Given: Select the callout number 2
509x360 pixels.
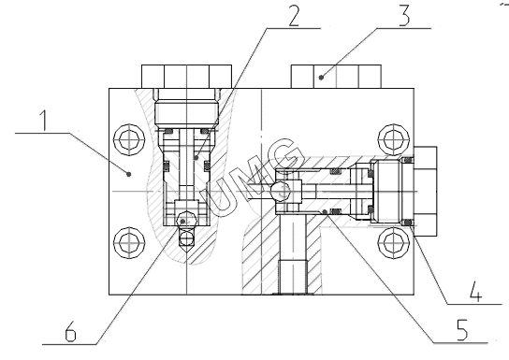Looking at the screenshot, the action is pos(294,16).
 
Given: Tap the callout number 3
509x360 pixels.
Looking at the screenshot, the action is pos(404,16).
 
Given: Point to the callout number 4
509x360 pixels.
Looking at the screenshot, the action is pos(476,292).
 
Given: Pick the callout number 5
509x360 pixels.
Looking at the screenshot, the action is pos(462,330).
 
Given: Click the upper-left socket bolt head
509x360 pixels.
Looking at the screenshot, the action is pos(129,139).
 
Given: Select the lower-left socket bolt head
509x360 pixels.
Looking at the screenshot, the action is pos(129,242).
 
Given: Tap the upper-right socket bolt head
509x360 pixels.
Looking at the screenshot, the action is pos(393,139).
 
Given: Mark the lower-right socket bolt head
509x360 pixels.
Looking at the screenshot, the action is pos(393,242).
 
